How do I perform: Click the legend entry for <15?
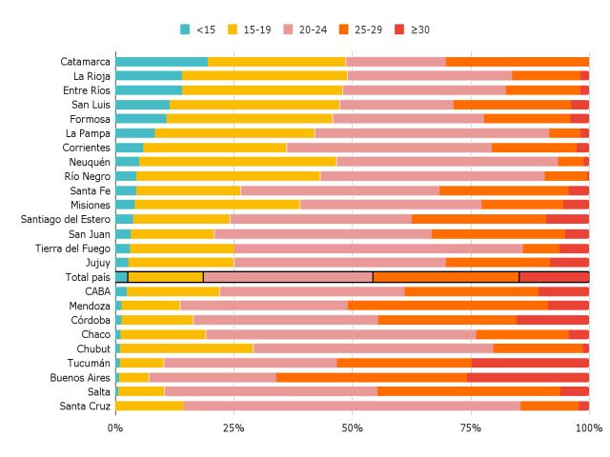(x=198, y=30)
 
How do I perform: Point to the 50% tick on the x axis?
(x=352, y=427)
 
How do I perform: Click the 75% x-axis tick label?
(x=470, y=427)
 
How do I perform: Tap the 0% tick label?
(x=115, y=427)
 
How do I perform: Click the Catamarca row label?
(x=85, y=62)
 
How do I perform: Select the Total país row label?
(x=85, y=277)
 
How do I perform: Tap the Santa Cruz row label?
(x=84, y=407)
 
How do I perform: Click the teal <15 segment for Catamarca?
(x=162, y=62)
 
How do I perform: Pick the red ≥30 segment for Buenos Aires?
(x=528, y=377)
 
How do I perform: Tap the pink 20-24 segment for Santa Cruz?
(x=352, y=407)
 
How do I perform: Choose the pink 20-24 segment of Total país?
(x=288, y=277)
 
